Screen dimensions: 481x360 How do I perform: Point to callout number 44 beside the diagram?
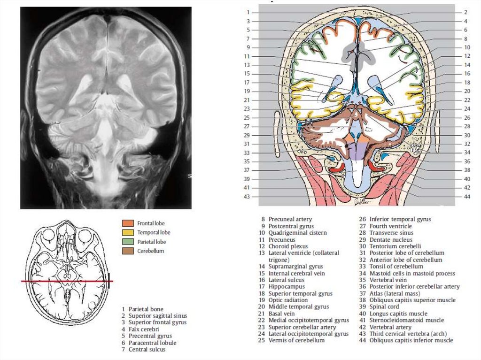coord(466,197)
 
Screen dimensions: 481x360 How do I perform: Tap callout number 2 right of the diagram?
coord(465,12)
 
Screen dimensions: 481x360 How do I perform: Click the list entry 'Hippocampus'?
coord(286,287)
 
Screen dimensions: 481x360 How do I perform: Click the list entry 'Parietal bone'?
coord(146,309)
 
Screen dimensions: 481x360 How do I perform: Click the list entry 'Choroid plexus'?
coord(288,246)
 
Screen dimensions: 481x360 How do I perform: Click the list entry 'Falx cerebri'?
coord(144,329)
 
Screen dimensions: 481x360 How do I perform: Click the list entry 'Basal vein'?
coord(282,314)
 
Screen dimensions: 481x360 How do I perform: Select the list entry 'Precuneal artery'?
coord(290,219)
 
